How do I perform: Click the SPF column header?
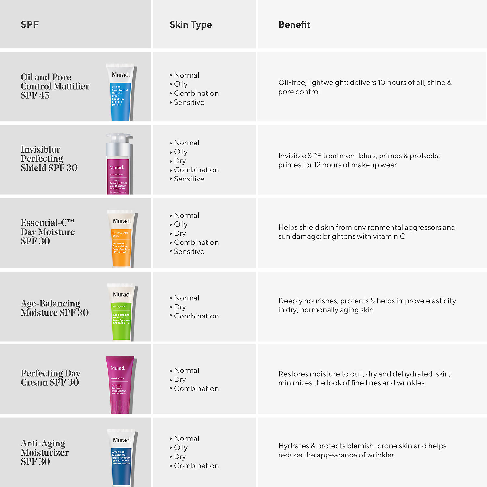(x=30, y=25)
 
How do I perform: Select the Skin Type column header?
(x=191, y=25)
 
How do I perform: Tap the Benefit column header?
(x=294, y=25)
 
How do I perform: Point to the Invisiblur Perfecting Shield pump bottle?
(x=119, y=166)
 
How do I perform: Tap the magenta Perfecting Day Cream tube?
(x=119, y=385)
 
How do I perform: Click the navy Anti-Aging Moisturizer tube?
(x=121, y=458)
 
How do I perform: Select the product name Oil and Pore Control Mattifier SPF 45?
(x=55, y=86)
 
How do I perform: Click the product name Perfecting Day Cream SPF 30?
(x=50, y=378)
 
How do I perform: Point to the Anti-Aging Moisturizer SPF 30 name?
(x=44, y=453)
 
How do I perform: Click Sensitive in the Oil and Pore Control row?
(x=189, y=103)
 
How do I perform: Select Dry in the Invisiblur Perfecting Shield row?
(x=180, y=161)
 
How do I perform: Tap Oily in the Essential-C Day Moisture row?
(x=181, y=225)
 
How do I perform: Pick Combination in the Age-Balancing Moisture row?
(x=196, y=316)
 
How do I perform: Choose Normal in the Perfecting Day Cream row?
(x=186, y=371)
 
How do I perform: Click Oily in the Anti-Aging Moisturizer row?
(x=181, y=448)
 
